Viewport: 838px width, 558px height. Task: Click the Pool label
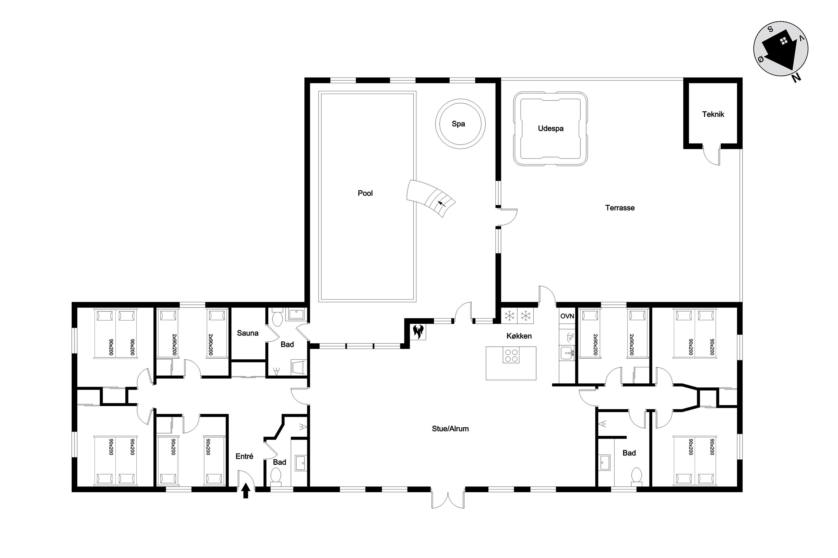[x=365, y=193]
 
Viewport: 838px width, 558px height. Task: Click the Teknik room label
[x=713, y=114]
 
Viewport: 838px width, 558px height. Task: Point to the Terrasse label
[x=620, y=208]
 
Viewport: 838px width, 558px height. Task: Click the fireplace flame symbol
[x=417, y=331]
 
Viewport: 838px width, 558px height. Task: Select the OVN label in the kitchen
[x=567, y=316]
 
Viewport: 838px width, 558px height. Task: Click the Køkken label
[x=519, y=336]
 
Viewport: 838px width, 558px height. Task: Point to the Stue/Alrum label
[x=450, y=429]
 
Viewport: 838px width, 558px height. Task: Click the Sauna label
[x=248, y=333]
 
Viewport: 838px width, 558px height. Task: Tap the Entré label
[x=244, y=456]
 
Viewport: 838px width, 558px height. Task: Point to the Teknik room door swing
[x=711, y=155]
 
